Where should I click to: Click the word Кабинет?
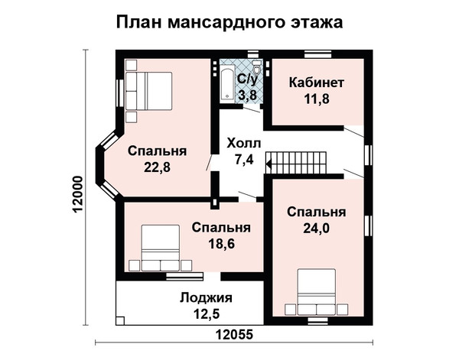(x=316, y=83)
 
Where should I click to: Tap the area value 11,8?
(x=317, y=99)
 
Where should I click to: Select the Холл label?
(x=243, y=144)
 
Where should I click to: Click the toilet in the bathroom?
(x=257, y=67)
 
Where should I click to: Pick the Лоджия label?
(x=206, y=298)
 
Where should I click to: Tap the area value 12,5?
(x=207, y=314)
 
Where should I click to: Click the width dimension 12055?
(x=234, y=334)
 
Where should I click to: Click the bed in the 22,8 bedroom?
(x=148, y=91)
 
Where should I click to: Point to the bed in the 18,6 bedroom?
(x=160, y=248)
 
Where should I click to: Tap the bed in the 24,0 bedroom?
(x=317, y=292)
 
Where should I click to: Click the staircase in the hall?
(x=295, y=163)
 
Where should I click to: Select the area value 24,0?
(x=316, y=228)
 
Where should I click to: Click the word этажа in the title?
(x=317, y=22)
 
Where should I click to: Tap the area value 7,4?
(x=243, y=160)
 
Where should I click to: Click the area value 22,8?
(x=157, y=167)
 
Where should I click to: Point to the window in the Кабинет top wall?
(x=317, y=54)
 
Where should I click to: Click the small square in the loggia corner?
(x=120, y=320)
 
